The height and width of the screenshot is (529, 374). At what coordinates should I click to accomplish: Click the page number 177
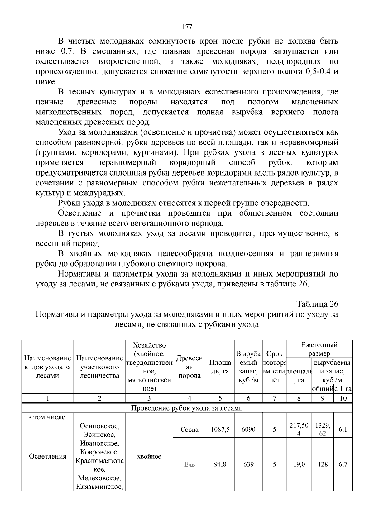(x=187, y=27)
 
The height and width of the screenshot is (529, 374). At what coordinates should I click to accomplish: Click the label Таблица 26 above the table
(x=317, y=304)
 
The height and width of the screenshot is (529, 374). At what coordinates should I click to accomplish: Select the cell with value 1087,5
(x=220, y=430)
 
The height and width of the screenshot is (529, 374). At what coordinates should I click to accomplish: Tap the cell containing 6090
(x=248, y=430)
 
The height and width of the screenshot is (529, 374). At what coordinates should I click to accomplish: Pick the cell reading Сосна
(x=189, y=430)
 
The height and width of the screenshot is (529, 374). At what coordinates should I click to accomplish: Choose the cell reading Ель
(x=189, y=464)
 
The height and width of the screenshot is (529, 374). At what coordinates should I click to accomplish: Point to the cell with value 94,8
(x=220, y=464)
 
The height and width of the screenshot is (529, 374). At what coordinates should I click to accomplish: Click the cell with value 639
(x=248, y=464)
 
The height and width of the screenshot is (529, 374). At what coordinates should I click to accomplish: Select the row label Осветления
(x=47, y=456)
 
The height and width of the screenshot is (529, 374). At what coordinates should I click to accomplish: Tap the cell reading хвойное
(x=149, y=456)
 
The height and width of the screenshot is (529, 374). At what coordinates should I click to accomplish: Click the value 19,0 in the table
(x=299, y=464)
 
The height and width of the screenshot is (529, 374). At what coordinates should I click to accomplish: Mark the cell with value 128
(x=323, y=464)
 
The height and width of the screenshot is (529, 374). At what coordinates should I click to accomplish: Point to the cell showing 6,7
(x=343, y=464)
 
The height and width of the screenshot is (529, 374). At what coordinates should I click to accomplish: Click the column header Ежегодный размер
(x=319, y=349)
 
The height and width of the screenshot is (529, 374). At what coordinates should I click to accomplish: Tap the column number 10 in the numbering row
(x=343, y=398)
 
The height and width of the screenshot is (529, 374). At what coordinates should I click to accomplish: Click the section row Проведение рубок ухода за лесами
(x=187, y=408)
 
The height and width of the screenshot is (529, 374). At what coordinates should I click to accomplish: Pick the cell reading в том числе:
(x=47, y=417)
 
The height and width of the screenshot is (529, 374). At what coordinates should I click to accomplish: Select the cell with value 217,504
(x=299, y=429)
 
